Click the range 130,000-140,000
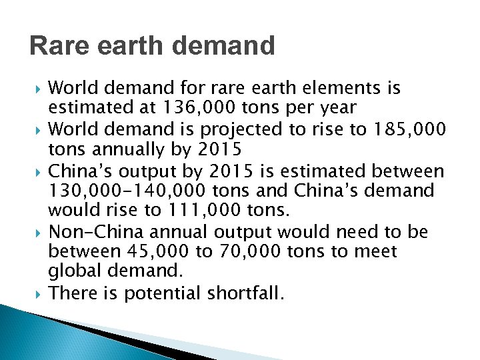point(123,190)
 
